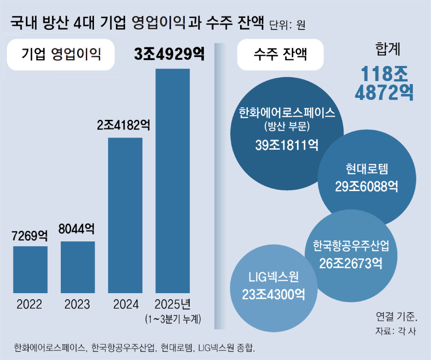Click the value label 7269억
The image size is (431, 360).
click(x=30, y=235)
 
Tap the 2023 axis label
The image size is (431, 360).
click(x=78, y=304)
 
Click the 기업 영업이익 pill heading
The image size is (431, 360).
click(x=61, y=54)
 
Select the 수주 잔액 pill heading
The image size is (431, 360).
click(x=281, y=54)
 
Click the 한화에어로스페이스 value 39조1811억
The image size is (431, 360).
click(x=287, y=145)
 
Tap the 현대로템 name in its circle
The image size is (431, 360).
click(x=367, y=169)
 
